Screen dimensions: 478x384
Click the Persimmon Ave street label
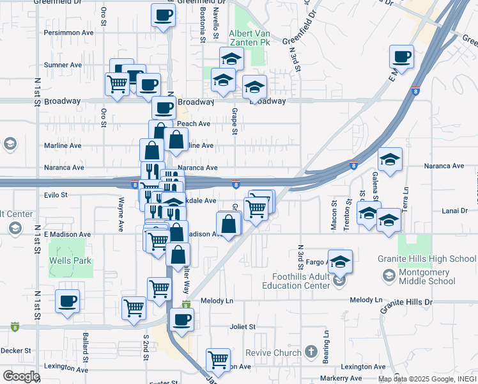point(68,32)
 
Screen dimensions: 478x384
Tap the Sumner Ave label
point(63,65)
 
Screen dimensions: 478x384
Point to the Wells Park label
point(70,261)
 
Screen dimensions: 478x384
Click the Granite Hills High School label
point(435,259)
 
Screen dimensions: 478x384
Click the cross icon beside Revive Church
point(311,352)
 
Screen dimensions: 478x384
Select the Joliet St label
point(242,326)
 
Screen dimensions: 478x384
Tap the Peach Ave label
point(194,124)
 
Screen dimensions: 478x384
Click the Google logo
point(21,376)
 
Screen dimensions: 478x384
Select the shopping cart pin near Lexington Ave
point(219,360)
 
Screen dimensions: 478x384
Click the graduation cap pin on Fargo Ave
point(341,261)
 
